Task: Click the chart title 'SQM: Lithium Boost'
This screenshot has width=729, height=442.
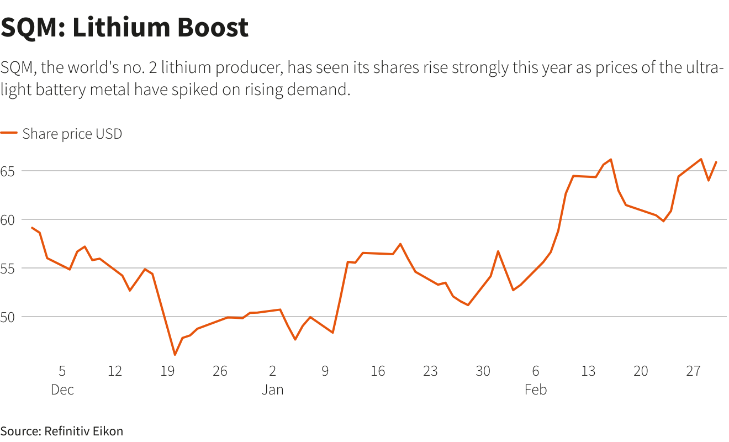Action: point(125,28)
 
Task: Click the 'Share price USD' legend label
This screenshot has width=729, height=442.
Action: point(72,134)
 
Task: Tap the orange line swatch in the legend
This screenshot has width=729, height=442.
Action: point(9,134)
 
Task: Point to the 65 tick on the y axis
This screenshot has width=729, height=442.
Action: point(7,171)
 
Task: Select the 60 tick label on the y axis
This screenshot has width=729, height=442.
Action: point(7,219)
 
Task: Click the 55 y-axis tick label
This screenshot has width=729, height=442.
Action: point(7,268)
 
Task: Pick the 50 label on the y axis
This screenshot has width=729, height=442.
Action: point(7,317)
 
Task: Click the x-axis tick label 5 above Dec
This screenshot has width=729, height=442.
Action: point(62,371)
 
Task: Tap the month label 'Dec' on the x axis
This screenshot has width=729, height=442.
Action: point(62,390)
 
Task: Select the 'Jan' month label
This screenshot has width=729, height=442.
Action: point(272,390)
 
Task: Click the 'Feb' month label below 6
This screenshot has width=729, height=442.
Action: point(536,390)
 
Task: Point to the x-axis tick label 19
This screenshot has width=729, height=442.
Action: point(167,371)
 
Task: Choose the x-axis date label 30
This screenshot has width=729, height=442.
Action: point(483,371)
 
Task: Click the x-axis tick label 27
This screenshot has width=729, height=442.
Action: point(693,371)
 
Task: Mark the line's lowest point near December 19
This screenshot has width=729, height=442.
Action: point(175,355)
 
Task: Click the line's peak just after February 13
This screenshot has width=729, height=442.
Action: point(611,159)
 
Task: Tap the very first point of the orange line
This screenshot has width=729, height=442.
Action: point(32,228)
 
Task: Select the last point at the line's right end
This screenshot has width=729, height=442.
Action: point(716,162)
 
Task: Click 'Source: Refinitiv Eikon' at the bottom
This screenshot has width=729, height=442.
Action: point(62,431)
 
